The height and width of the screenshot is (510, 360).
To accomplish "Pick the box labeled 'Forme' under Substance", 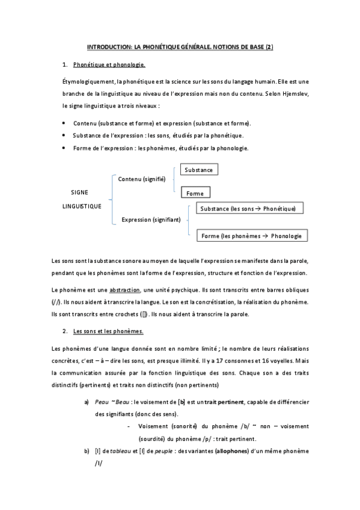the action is [x=195, y=194].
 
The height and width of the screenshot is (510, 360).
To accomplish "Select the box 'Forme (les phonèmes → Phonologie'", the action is [x=252, y=236].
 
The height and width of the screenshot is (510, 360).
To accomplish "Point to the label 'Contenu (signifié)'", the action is [x=141, y=179].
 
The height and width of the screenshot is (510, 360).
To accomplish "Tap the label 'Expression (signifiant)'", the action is [x=151, y=220].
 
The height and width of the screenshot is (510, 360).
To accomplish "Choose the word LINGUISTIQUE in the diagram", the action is [x=82, y=206].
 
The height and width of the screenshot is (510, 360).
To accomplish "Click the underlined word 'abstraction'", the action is [x=125, y=289].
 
